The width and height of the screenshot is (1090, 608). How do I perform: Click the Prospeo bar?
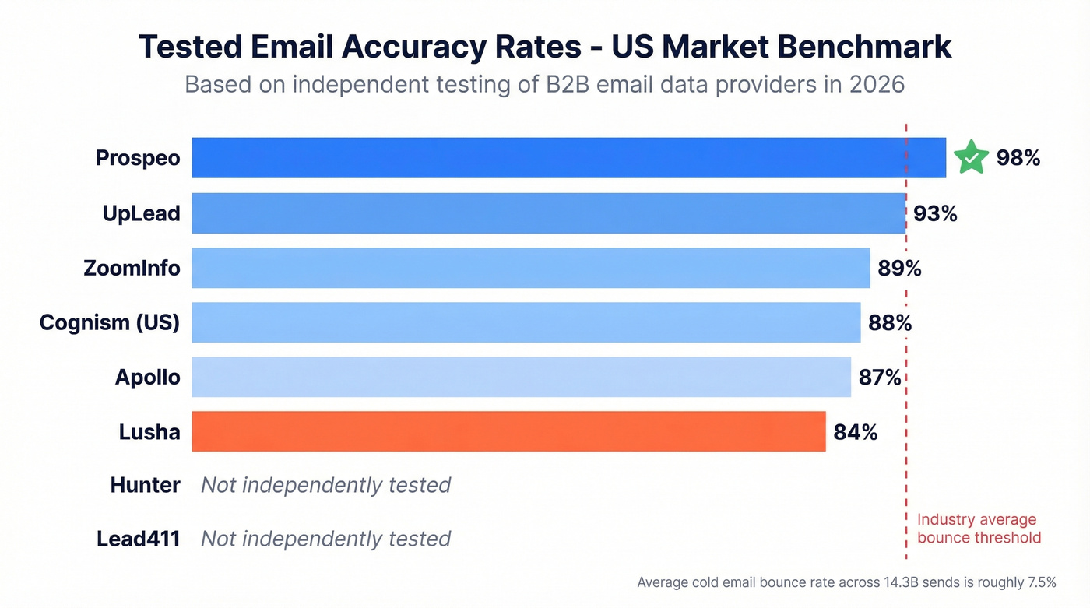tap(568, 158)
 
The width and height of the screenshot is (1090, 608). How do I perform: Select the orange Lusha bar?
tap(508, 431)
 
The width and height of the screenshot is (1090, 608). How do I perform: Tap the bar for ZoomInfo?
tap(530, 268)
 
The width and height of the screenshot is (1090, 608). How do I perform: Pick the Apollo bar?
tap(521, 377)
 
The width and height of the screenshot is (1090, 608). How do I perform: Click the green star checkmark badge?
tap(971, 157)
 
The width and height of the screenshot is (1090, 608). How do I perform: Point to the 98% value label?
tap(1018, 158)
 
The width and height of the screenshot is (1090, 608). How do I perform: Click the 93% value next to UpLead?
tap(935, 213)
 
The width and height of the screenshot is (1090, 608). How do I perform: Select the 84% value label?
tap(856, 432)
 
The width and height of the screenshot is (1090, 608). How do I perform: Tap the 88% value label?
tap(890, 322)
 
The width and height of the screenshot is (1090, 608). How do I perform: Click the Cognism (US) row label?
tap(110, 322)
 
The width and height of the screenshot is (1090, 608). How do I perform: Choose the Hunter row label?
tap(146, 485)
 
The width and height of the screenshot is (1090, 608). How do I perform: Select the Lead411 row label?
tap(139, 539)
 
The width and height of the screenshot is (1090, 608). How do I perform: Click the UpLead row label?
tap(141, 213)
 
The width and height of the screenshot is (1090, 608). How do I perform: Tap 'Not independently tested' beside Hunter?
tap(325, 485)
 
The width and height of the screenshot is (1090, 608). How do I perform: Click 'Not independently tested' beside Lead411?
tap(325, 539)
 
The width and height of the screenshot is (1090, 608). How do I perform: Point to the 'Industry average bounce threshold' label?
tap(978, 529)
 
